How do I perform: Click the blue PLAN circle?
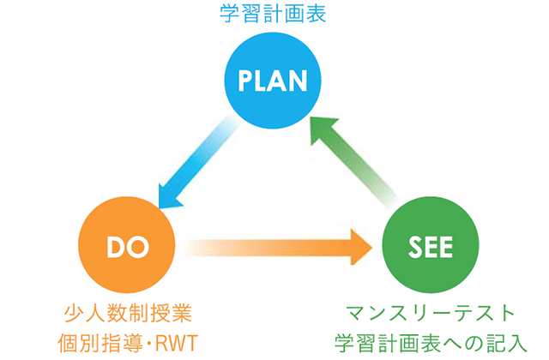273,81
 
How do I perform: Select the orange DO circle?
127,244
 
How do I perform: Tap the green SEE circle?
431,244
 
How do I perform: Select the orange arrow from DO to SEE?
278,248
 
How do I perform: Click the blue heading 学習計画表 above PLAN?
273,14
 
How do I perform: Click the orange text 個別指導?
100,343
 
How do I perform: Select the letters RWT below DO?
177,343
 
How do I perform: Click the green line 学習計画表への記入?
431,343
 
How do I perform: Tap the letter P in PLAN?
245,81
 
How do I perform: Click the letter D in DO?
114,247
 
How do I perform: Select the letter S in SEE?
415,247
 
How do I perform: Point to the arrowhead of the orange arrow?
361,248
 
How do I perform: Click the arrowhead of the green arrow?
323,129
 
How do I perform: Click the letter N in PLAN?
298,81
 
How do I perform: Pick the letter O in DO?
137,247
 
